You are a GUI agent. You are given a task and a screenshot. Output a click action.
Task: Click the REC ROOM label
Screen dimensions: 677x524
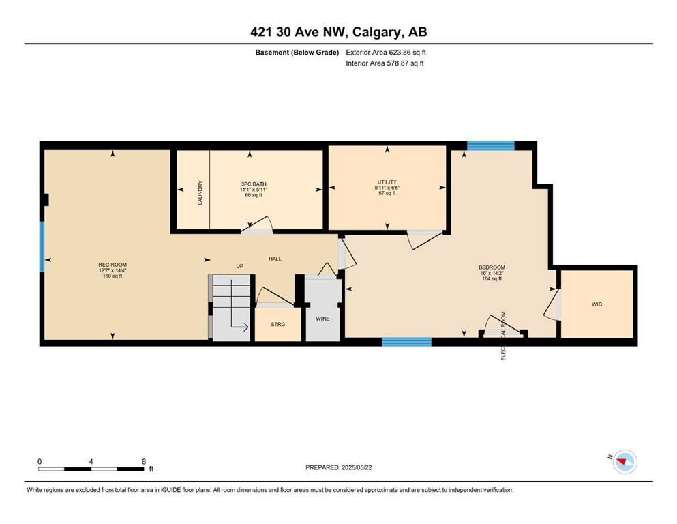(112, 265)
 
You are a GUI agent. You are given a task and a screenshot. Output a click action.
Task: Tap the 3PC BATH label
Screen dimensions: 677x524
(254, 184)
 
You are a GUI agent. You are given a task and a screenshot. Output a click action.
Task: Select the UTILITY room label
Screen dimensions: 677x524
(387, 182)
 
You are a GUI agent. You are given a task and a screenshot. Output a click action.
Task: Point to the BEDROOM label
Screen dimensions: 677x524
(492, 267)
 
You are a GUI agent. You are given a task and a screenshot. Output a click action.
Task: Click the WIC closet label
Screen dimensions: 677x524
(597, 304)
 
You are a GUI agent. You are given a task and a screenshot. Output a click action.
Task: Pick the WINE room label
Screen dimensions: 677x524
(322, 319)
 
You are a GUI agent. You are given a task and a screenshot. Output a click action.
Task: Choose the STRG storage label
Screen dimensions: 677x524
(277, 324)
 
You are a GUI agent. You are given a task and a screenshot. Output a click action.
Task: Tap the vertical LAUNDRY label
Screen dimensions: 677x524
(200, 192)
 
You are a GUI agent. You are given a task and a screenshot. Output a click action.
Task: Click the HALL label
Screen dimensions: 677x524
(275, 259)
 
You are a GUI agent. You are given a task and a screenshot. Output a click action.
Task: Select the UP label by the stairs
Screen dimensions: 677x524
(239, 266)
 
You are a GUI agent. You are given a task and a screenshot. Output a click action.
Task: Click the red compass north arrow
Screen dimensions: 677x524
(622, 462)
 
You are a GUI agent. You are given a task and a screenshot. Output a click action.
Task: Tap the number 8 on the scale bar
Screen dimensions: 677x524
(144, 461)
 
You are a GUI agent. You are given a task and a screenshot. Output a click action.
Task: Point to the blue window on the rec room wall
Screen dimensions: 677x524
(42, 247)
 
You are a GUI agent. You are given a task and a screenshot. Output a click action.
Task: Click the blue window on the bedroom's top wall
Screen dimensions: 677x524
(491, 145)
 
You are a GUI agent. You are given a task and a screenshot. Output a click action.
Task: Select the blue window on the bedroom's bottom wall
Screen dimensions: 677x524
(407, 342)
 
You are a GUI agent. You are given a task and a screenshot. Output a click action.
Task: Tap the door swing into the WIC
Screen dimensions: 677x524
(552, 305)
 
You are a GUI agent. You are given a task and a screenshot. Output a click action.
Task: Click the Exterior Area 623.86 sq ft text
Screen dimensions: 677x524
(386, 53)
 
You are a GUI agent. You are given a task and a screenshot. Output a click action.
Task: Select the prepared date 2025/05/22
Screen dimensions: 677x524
(357, 467)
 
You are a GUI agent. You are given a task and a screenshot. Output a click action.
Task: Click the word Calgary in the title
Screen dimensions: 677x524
(376, 32)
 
